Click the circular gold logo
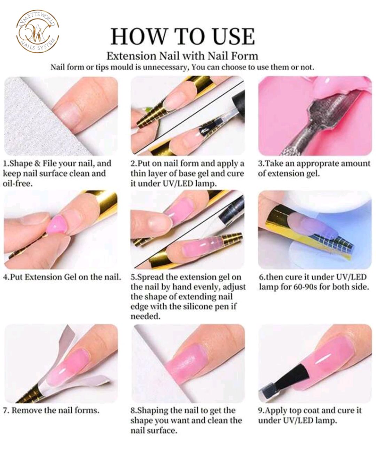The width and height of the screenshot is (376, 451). coord(37,31)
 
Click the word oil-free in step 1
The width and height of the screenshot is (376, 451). coord(18,184)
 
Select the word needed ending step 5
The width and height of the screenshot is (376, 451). coord(145,316)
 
